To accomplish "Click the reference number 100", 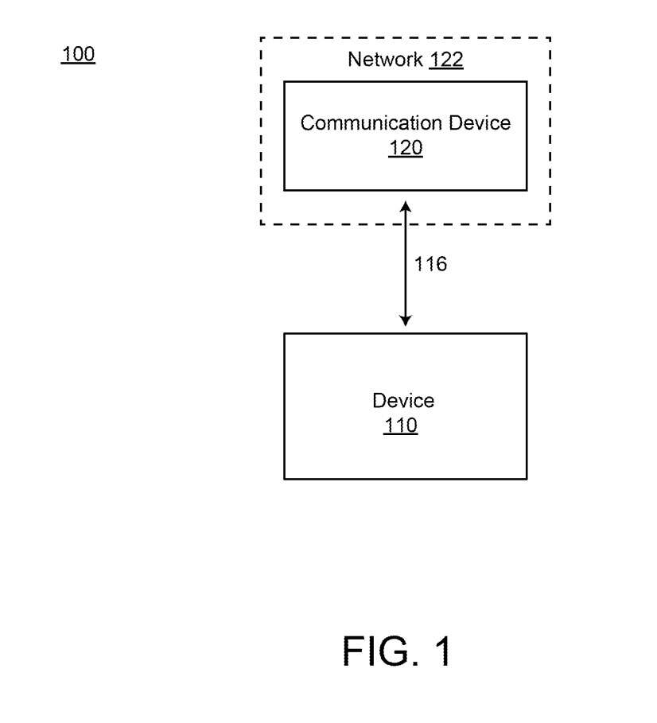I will (x=78, y=55).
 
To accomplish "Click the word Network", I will (x=386, y=60).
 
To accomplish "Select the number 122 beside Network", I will (x=446, y=60).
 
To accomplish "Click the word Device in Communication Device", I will (x=478, y=123).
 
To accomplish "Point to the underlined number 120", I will (x=406, y=149).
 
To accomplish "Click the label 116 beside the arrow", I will (x=430, y=264).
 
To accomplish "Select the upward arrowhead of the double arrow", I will (x=406, y=206).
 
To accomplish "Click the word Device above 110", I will (x=403, y=400).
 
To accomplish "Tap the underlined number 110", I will (x=401, y=426).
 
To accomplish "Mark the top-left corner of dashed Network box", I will (x=261, y=37).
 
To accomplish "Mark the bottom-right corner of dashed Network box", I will (x=550, y=224).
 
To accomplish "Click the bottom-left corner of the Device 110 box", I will (x=284, y=479).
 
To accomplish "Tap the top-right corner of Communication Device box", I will (x=527, y=81).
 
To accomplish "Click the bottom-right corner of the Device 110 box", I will (x=527, y=479).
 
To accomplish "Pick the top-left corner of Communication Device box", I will (x=284, y=81).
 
